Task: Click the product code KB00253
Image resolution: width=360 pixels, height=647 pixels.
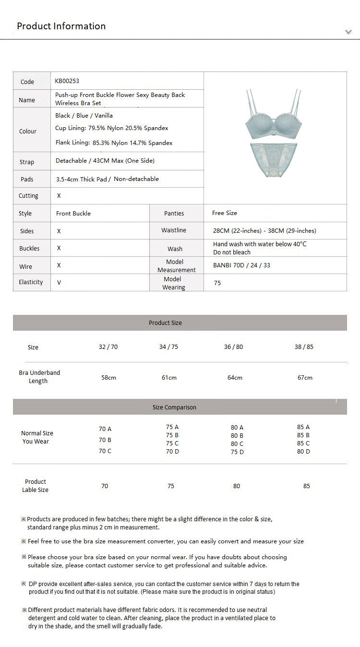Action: click(x=67, y=81)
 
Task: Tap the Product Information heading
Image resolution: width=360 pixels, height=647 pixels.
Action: click(x=61, y=26)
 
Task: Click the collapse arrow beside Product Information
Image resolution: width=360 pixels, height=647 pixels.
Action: click(x=348, y=32)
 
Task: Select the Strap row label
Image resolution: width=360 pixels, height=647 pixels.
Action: click(x=27, y=162)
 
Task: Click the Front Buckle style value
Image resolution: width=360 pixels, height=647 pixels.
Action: click(x=73, y=213)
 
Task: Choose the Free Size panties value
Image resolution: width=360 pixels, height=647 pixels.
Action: click(x=224, y=213)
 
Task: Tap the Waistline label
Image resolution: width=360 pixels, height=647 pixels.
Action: click(x=174, y=230)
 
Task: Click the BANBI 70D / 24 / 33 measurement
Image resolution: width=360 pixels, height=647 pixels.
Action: click(x=241, y=265)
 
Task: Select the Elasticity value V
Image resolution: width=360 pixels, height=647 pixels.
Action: click(x=59, y=283)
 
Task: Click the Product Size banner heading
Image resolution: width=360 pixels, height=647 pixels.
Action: click(x=165, y=323)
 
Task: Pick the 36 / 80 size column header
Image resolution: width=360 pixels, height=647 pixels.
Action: click(x=233, y=347)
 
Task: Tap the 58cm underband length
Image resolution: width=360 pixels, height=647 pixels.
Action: click(x=108, y=377)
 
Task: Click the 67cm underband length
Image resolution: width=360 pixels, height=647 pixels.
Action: click(x=305, y=377)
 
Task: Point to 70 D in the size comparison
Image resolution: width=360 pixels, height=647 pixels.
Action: click(x=172, y=452)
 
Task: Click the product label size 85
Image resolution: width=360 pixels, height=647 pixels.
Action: click(x=306, y=486)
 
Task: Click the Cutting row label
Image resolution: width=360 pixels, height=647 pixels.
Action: click(x=28, y=196)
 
